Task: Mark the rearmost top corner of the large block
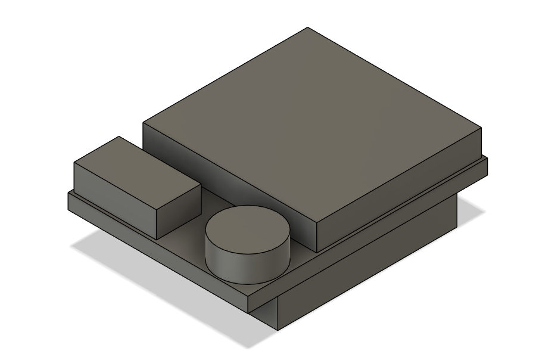coord(307,27)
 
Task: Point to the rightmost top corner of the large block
coord(481,128)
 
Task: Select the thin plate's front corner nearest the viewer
coord(248,298)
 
